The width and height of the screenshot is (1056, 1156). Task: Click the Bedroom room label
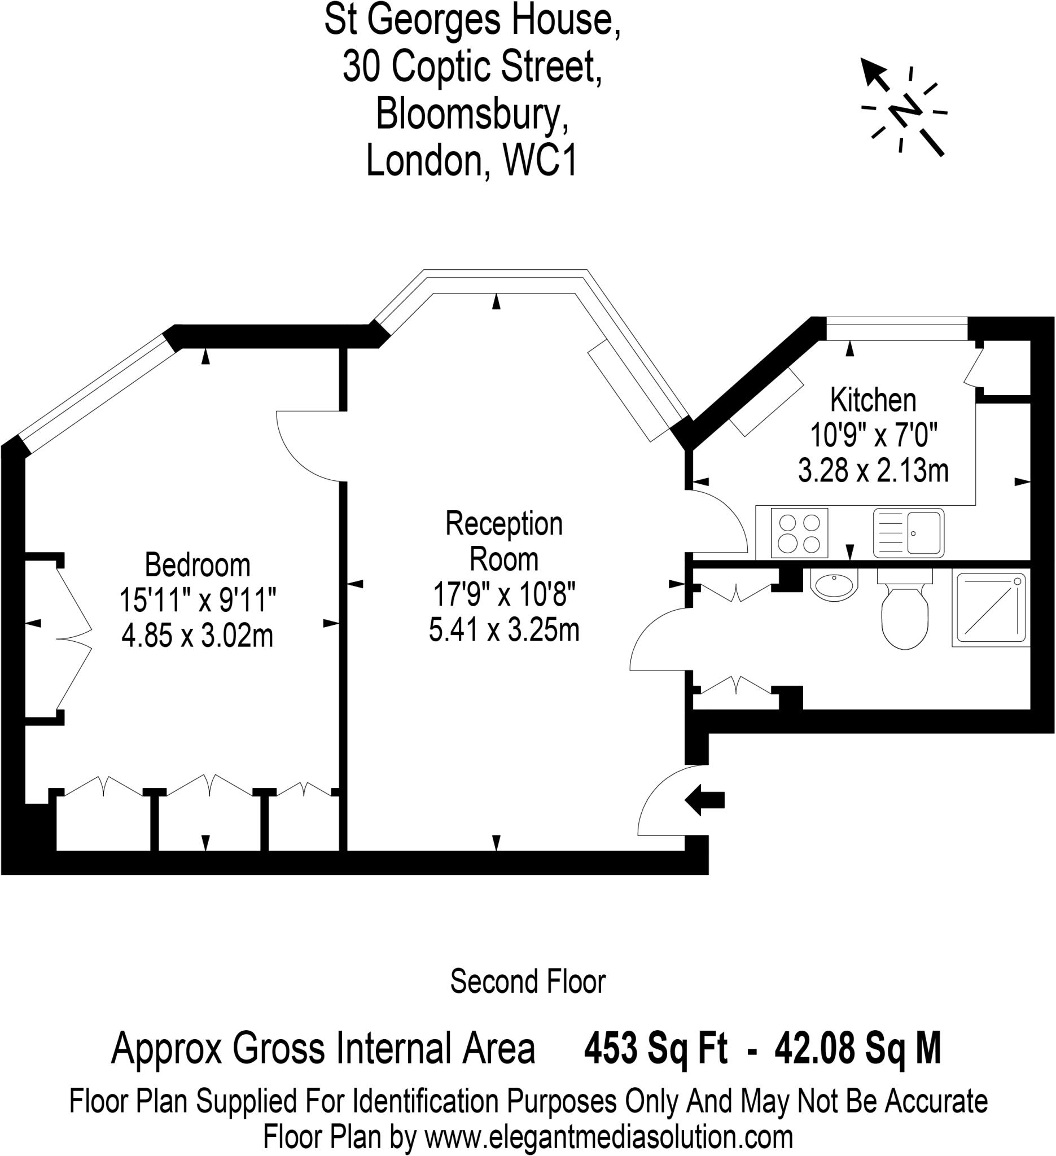click(197, 565)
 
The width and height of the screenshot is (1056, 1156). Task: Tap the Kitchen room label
click(873, 400)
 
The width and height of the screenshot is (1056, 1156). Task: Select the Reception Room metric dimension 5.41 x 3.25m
click(504, 629)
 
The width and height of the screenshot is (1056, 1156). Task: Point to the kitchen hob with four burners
click(799, 533)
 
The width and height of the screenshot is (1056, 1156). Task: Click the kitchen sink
click(909, 533)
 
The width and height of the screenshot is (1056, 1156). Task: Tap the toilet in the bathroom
click(905, 609)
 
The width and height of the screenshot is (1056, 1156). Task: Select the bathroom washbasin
click(834, 585)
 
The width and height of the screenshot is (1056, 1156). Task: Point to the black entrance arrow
click(704, 800)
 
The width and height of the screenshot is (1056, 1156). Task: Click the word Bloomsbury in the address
click(472, 114)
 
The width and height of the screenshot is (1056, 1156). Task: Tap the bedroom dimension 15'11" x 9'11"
click(197, 601)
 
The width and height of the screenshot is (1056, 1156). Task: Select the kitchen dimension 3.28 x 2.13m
click(873, 471)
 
